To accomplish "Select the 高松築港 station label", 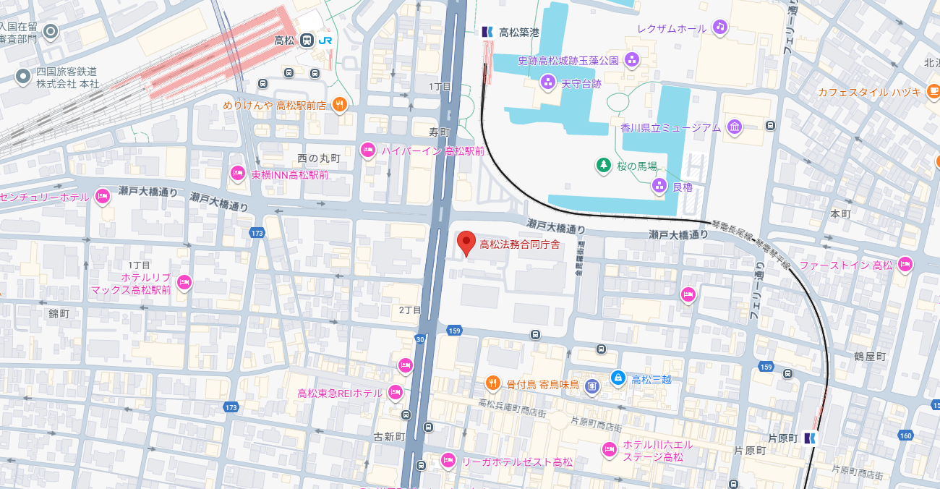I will point(519,32).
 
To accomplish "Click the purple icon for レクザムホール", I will point(719,27).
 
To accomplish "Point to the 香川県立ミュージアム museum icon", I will point(735,127).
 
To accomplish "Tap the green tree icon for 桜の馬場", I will point(602,166).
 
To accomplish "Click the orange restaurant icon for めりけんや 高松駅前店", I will point(340,105).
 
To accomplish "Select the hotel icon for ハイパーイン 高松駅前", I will point(368,150).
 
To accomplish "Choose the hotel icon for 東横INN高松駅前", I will point(237,174).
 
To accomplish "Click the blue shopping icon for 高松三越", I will point(618,378).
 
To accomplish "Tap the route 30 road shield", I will point(420,339).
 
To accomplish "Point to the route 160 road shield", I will point(906,435).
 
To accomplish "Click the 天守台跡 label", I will point(581,84).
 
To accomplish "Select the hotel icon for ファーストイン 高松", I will point(904,265).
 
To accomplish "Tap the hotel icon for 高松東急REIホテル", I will point(395,392).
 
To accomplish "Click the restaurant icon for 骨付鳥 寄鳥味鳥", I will point(492,383).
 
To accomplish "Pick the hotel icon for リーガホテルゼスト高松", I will point(448,460).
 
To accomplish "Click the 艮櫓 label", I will point(682,187).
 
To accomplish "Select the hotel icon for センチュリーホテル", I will point(102,196).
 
